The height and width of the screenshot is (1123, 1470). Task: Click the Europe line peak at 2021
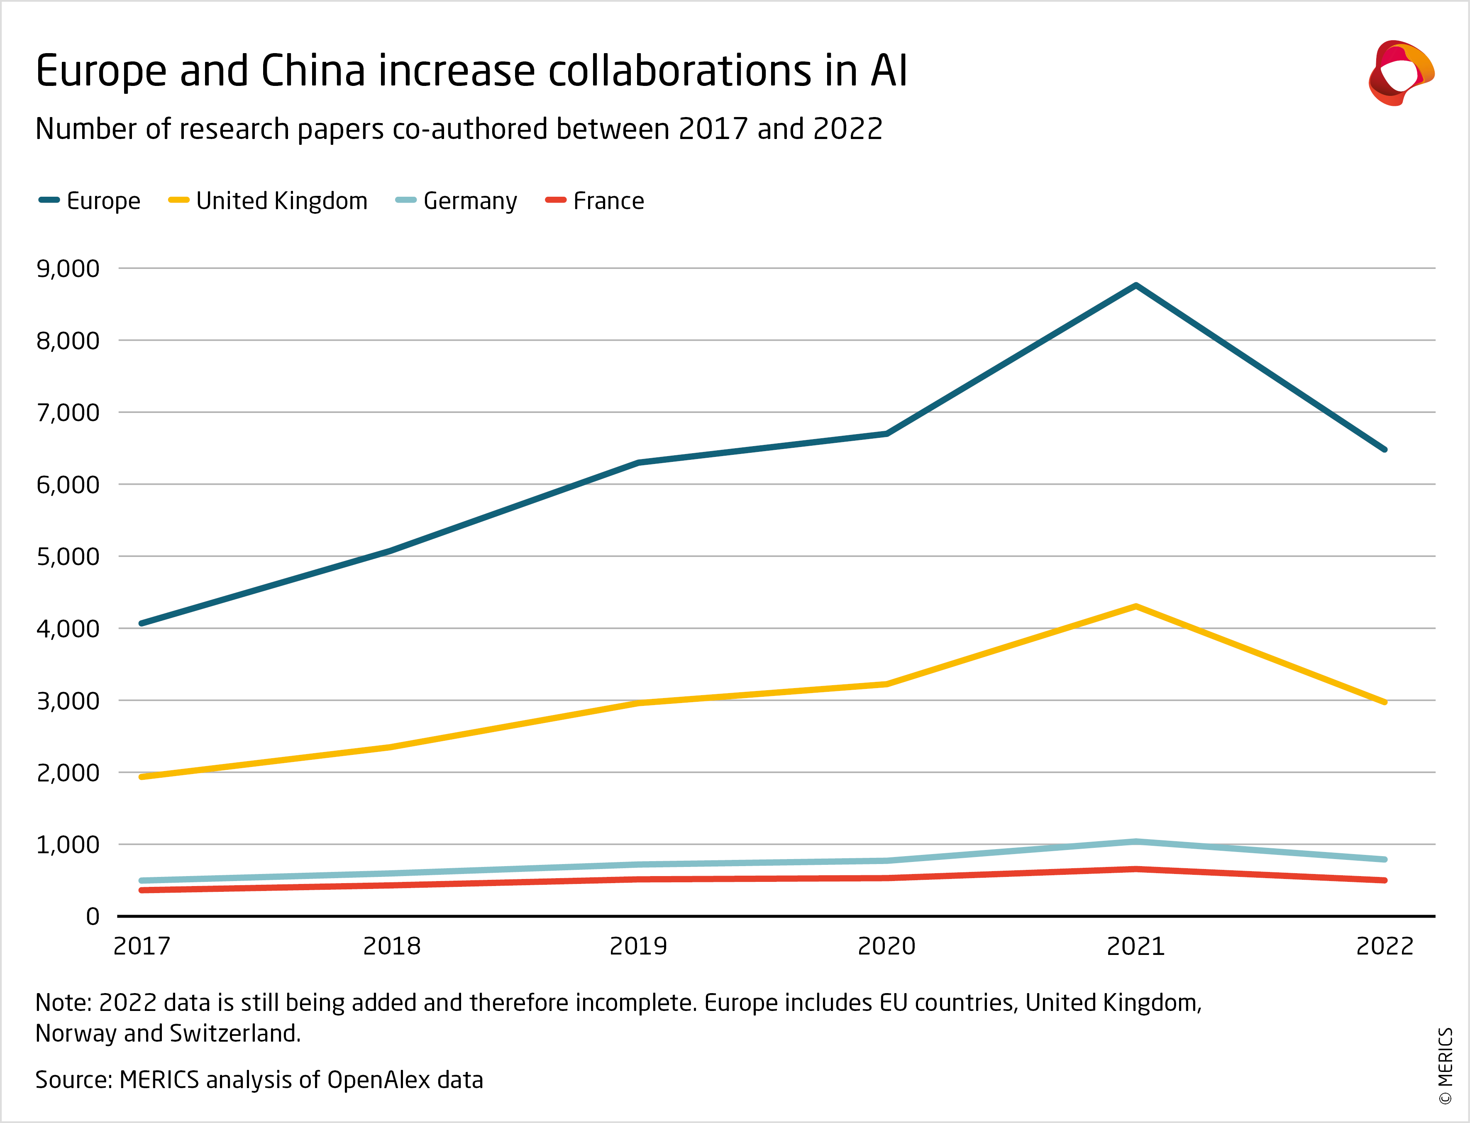(1136, 286)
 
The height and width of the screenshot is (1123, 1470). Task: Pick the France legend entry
(595, 200)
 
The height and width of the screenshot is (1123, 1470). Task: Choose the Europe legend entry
(90, 200)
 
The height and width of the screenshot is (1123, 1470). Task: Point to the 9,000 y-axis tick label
(68, 269)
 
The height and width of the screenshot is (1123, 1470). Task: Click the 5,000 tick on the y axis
(68, 556)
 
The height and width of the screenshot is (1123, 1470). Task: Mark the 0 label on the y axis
(93, 916)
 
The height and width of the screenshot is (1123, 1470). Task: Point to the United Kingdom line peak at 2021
(1136, 606)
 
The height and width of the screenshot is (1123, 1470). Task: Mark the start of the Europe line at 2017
(142, 623)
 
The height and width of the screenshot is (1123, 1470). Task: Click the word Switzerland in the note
(234, 1033)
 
